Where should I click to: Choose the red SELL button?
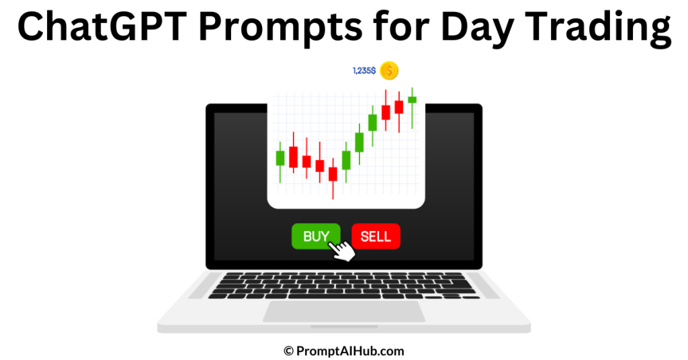pos(376,236)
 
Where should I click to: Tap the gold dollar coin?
pos(389,70)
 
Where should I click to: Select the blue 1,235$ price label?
pos(364,70)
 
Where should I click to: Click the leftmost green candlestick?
pos(280,158)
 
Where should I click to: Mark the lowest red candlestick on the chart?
pos(333,174)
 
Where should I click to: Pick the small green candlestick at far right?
pos(412,99)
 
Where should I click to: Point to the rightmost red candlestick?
pos(399,107)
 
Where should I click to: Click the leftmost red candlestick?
pos(293,157)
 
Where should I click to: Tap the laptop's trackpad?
pos(343,311)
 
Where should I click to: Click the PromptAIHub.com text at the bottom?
pos(350,350)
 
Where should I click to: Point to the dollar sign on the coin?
pos(389,70)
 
